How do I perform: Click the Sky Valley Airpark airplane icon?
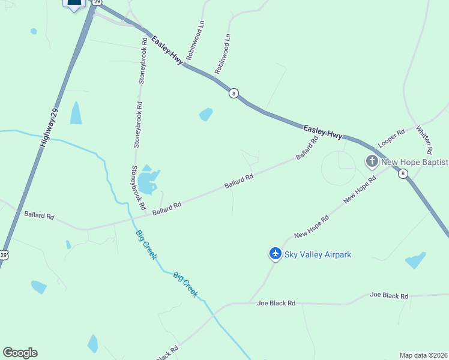coord(276,254)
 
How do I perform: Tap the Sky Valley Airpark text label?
coord(317,254)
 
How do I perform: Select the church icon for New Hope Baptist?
coord(372,161)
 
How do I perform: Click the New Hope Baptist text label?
coord(414,161)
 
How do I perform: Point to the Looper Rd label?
coord(391,139)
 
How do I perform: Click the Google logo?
coord(20,353)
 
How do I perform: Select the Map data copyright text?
coord(423,355)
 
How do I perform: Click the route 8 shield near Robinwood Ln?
coord(234,93)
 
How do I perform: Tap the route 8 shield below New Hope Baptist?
coord(403,173)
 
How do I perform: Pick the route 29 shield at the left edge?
coord(4,255)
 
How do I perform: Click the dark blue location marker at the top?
coord(74,4)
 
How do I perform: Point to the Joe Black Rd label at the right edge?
coord(389,296)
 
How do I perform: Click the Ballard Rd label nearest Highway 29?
coord(39,215)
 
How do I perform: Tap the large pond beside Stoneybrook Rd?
coord(147,181)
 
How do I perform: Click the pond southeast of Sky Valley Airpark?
coord(416,260)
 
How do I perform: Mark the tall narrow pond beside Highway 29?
coord(76,113)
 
